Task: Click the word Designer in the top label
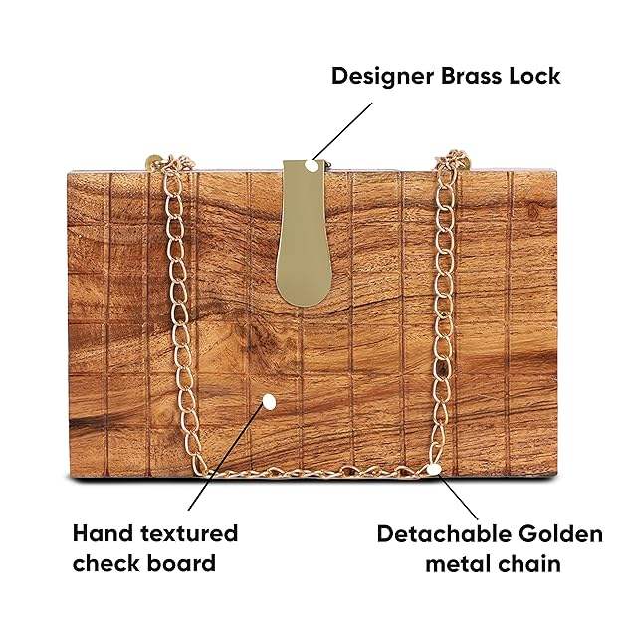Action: coord(382,76)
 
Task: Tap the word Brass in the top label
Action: coord(478,76)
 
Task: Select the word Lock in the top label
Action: coord(538,76)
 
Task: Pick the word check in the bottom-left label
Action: coord(108,563)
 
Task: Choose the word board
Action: coord(183,563)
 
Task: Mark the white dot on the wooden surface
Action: coord(268,402)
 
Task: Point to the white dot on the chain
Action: coord(434,468)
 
